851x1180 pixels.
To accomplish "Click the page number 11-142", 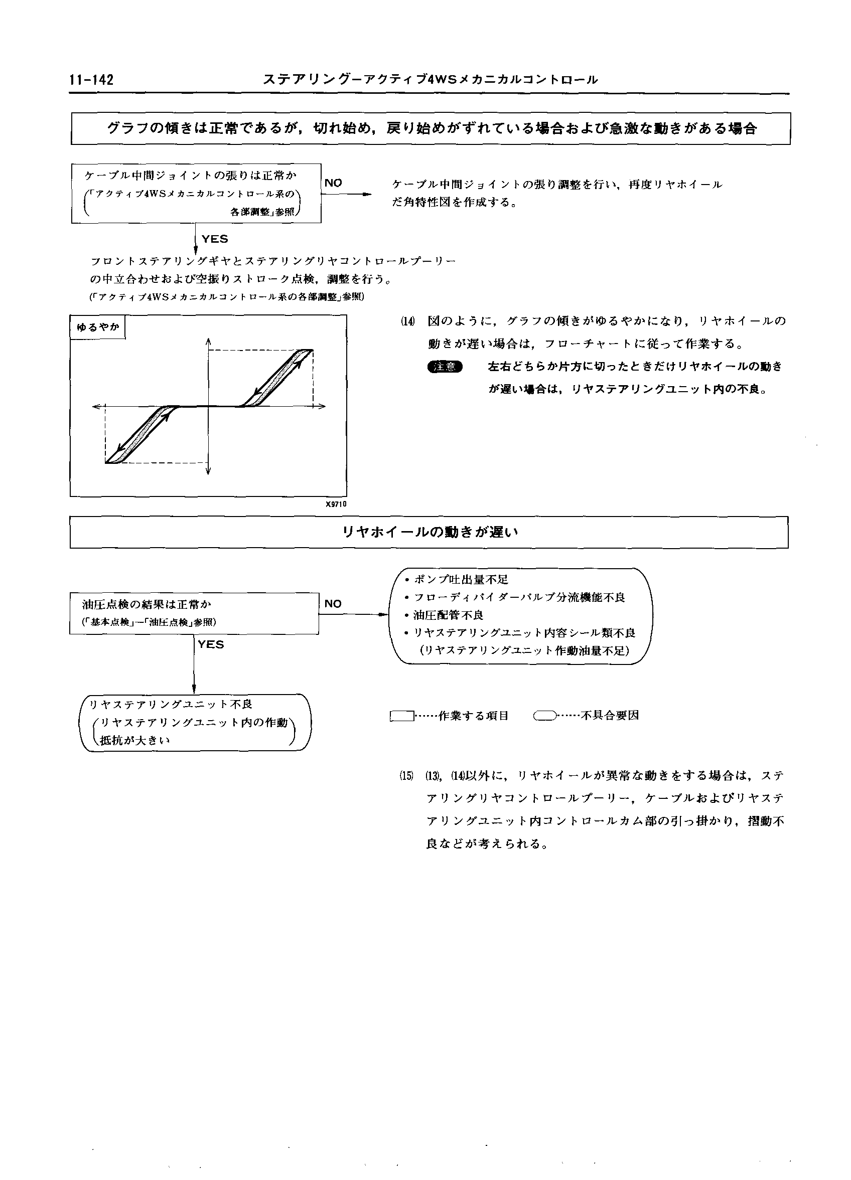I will pos(91,80).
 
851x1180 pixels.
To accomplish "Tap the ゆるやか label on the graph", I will pos(98,327).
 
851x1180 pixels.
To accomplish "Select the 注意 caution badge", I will pos(445,367).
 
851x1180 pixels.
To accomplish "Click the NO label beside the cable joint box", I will pos(333,183).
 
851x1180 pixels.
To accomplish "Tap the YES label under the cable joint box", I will pos(214,239).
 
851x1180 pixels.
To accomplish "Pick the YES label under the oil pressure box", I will pos(211,644).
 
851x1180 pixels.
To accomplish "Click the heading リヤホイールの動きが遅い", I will pos(430,532).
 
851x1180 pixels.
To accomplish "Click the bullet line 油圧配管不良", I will pos(448,615).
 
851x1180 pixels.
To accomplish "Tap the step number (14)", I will pos(407,321).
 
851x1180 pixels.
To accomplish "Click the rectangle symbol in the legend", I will pos(402,716).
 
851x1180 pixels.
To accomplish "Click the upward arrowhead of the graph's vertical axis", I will pos(208,342).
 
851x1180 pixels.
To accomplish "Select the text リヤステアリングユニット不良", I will pos(171,705).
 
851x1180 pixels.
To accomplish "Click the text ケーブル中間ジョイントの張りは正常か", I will pos(191,176).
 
